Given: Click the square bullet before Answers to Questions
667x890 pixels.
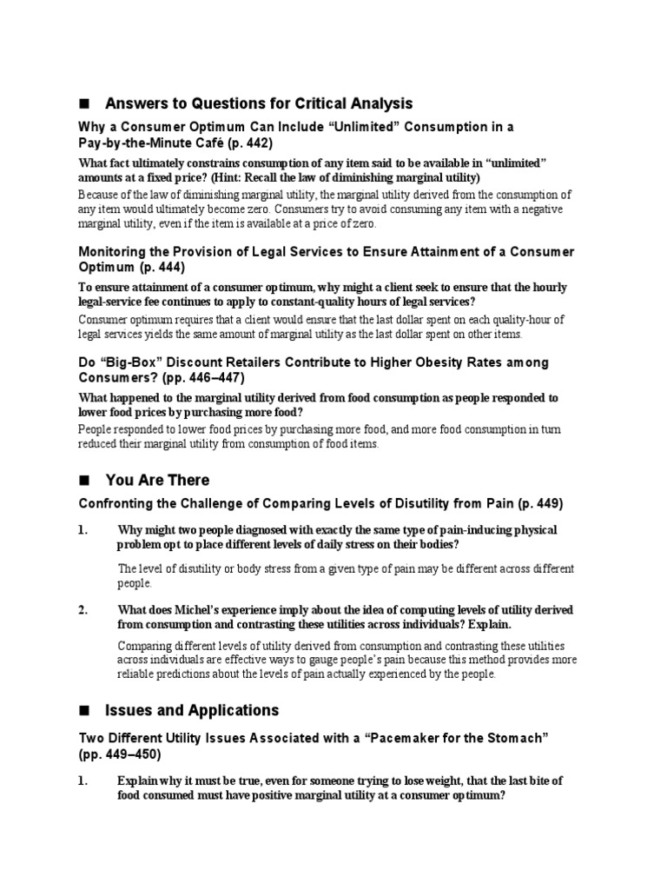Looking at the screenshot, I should coord(84,104).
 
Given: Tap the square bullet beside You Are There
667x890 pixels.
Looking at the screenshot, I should coord(84,480).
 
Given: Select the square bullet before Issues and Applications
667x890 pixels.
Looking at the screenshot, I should coord(84,710).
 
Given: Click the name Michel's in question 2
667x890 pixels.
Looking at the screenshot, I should coord(174,610).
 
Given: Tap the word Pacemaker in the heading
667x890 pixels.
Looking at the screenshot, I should coord(406,738).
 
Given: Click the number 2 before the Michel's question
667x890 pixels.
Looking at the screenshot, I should coord(83,610).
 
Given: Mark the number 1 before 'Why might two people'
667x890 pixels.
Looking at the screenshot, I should coord(83,530).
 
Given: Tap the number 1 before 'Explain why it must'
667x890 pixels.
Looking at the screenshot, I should coord(83,780).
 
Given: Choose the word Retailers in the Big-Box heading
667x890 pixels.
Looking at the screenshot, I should coord(267,362).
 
